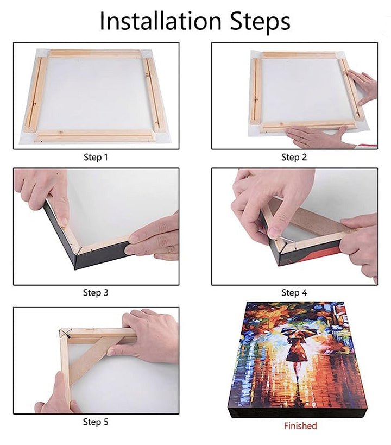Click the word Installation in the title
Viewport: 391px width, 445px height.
(161, 21)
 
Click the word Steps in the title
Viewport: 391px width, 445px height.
(260, 22)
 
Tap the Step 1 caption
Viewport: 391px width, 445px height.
(96, 157)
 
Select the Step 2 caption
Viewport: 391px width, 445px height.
(294, 157)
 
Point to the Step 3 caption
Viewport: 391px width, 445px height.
(96, 293)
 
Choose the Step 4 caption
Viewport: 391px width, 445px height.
(294, 293)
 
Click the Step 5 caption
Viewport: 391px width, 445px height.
(96, 422)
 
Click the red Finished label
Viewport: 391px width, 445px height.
(300, 425)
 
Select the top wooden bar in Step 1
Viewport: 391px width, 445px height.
(95, 54)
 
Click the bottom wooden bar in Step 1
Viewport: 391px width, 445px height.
(95, 136)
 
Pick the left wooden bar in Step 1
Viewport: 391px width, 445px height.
(35, 94)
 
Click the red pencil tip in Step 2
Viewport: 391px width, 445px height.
(368, 146)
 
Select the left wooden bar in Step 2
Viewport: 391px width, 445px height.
(256, 91)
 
